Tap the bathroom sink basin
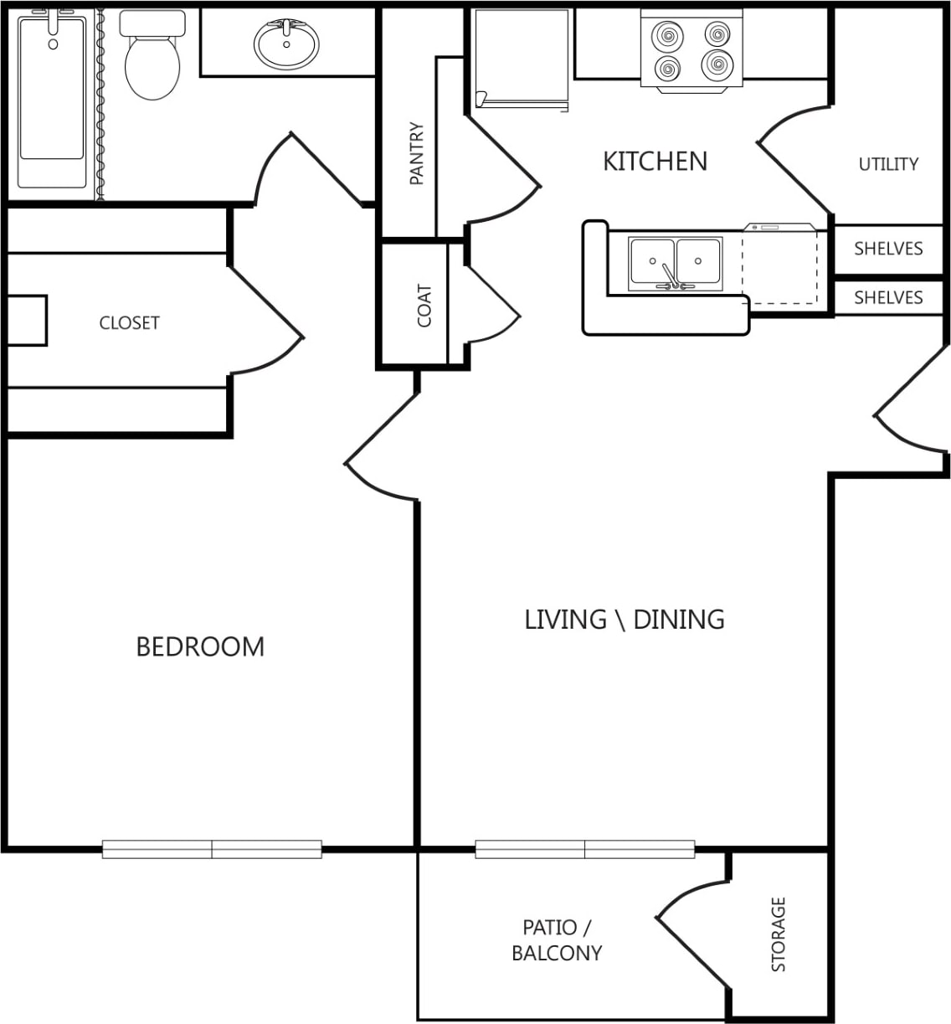click(x=286, y=44)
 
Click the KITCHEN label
click(x=655, y=161)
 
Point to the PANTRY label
click(x=416, y=153)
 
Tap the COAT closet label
click(x=424, y=306)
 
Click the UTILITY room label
click(x=888, y=164)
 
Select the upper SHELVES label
click(x=888, y=249)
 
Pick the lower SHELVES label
click(x=888, y=297)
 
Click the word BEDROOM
click(x=200, y=646)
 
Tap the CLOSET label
click(x=129, y=322)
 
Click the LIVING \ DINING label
click(x=624, y=620)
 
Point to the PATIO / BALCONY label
click(x=557, y=940)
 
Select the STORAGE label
click(x=779, y=934)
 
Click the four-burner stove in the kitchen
click(x=691, y=50)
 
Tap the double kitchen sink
click(x=676, y=263)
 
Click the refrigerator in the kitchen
click(x=522, y=59)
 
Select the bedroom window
click(x=212, y=849)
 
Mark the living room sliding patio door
click(x=585, y=849)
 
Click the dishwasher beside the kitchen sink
click(x=780, y=266)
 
